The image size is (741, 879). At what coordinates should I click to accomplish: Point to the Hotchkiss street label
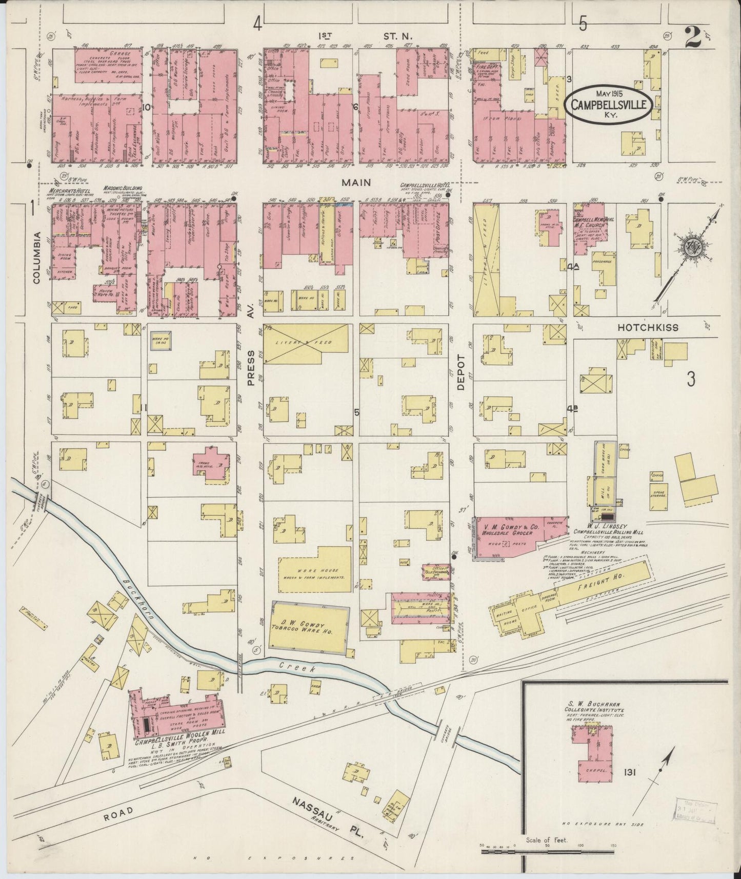[648, 327]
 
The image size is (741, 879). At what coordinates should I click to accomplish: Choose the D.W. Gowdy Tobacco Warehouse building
[309, 627]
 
